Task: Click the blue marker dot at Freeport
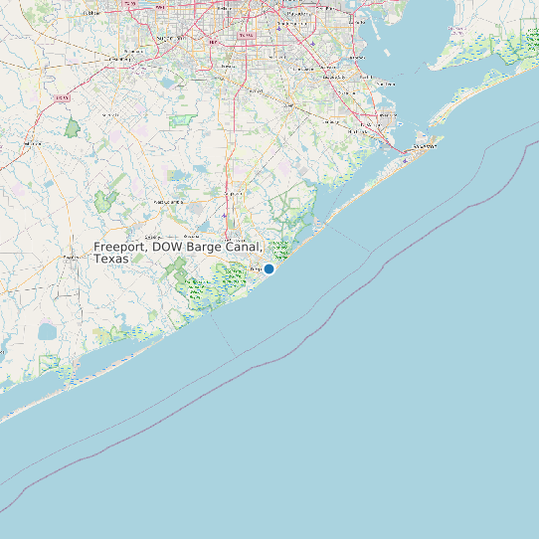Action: (x=269, y=269)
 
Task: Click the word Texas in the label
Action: (x=111, y=259)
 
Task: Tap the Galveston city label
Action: (x=425, y=144)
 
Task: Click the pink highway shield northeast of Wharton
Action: (x=62, y=99)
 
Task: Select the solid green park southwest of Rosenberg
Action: (x=73, y=127)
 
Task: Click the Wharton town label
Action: (x=31, y=143)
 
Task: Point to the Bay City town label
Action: (x=72, y=257)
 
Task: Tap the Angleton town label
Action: (x=235, y=192)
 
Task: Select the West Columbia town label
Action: (x=167, y=202)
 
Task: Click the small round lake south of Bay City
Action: (x=47, y=331)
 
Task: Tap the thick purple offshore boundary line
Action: (x=298, y=338)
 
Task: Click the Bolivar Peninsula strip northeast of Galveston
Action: (x=477, y=94)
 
